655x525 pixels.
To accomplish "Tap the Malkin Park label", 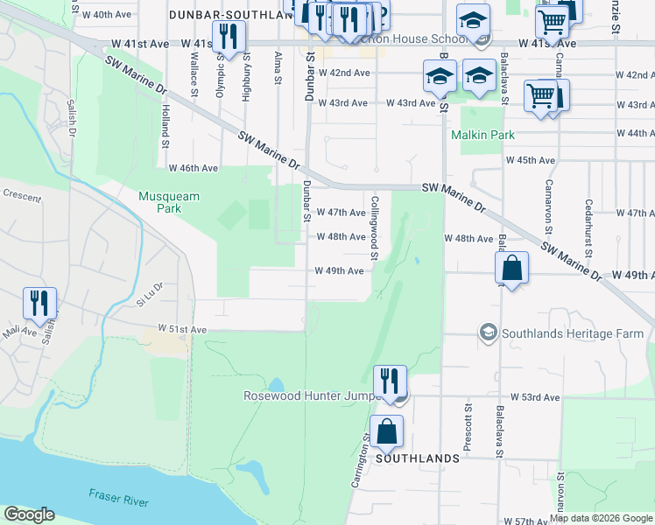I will (482, 135).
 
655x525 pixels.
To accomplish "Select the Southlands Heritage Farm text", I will (572, 333).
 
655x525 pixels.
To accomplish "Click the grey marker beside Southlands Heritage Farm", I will (488, 333).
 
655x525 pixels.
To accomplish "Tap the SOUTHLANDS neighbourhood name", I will (418, 458).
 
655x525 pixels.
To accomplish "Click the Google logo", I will (29, 514).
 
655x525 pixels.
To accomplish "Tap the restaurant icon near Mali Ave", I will (39, 303).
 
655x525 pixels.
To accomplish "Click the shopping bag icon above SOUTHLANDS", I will (386, 430).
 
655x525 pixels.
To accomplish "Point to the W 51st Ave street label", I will (181, 329).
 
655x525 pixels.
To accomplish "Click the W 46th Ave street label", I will (194, 167).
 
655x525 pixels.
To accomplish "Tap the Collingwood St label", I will (374, 227).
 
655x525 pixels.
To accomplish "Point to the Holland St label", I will (164, 122).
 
